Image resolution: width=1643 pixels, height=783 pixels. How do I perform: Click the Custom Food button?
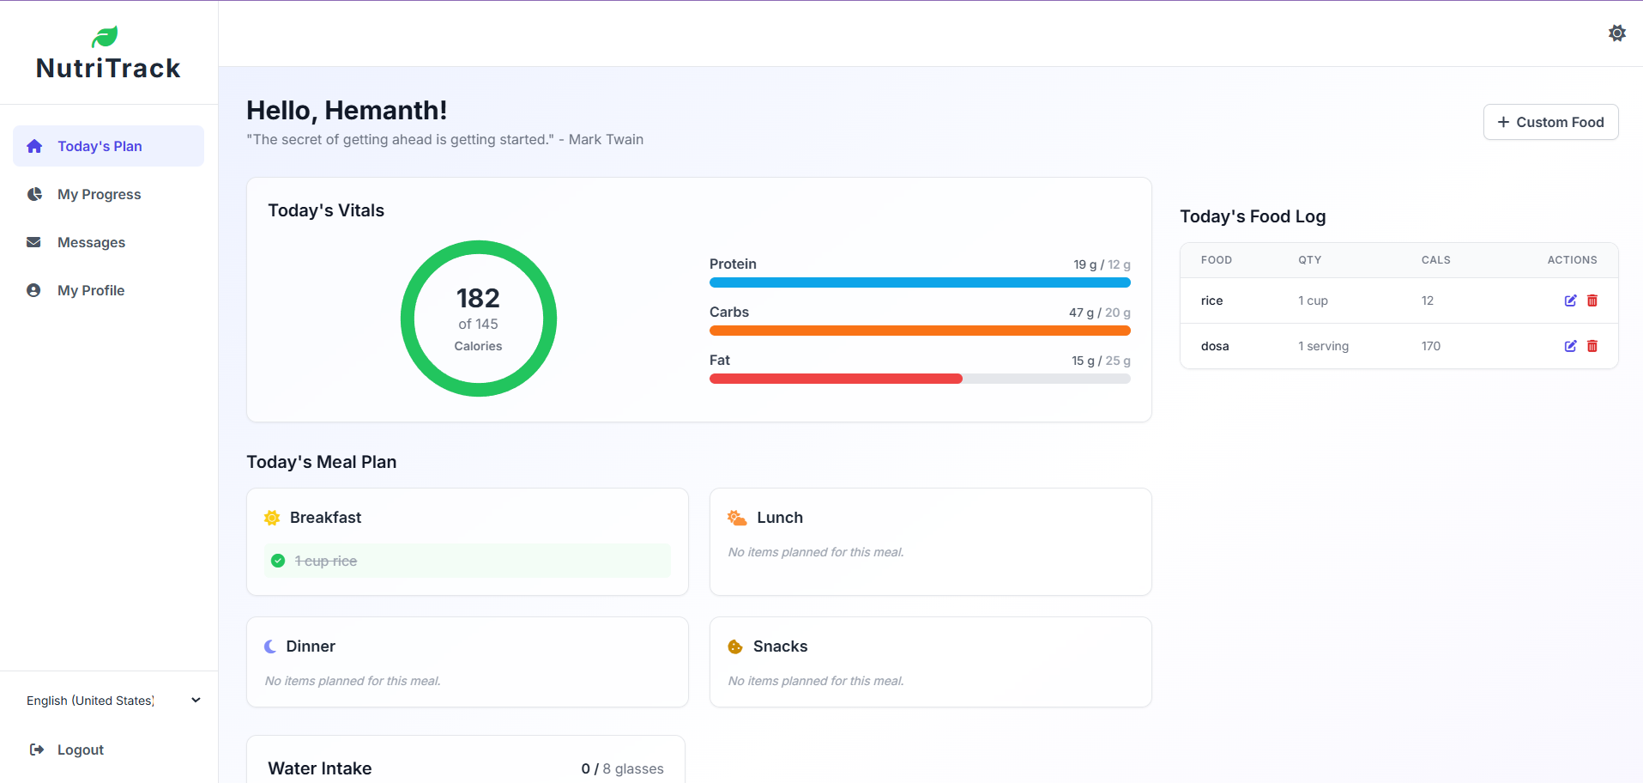[x=1550, y=122]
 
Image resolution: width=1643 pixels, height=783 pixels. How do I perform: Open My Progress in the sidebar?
[x=99, y=194]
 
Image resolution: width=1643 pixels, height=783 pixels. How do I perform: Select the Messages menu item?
[x=91, y=242]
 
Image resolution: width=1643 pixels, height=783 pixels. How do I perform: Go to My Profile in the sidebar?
[x=91, y=290]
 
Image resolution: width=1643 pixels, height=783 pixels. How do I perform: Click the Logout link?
[x=80, y=750]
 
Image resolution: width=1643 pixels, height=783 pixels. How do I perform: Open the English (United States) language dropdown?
[x=112, y=701]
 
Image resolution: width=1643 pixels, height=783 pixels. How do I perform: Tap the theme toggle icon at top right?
[x=1616, y=33]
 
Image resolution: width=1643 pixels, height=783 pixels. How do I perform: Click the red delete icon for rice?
[x=1592, y=300]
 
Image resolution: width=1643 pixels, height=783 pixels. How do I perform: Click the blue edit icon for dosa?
[x=1570, y=346]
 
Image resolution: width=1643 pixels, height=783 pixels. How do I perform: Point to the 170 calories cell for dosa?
[x=1430, y=346]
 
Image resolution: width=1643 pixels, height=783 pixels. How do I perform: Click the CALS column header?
[x=1435, y=260]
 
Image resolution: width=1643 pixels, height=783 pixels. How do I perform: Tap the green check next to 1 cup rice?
[x=278, y=561]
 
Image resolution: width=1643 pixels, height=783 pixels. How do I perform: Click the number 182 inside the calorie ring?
[x=478, y=298]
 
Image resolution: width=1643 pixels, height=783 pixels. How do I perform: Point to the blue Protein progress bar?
[x=919, y=282]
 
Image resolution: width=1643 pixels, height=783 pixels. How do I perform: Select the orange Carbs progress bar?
[x=919, y=331]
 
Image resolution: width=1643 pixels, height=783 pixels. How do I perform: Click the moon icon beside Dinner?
[x=270, y=646]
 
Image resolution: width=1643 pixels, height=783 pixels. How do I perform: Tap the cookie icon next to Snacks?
[x=735, y=646]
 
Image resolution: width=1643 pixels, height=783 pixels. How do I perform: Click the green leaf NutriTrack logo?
[x=105, y=37]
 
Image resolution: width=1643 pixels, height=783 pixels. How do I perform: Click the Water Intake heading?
[x=319, y=768]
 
